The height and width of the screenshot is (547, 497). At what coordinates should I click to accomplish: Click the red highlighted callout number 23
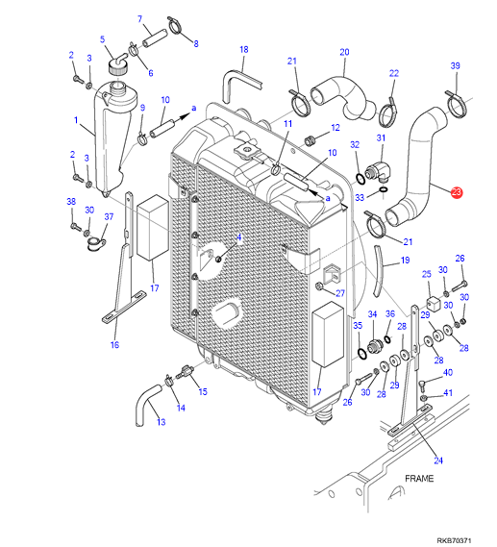(x=457, y=192)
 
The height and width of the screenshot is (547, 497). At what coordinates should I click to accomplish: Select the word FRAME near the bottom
(x=419, y=479)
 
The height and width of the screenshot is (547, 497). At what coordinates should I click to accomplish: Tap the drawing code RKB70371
(x=454, y=540)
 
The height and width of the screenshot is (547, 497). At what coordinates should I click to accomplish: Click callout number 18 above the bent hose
(x=244, y=50)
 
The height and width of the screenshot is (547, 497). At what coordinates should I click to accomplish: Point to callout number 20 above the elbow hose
(x=344, y=52)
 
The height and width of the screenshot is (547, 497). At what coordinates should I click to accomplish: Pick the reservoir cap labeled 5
(x=118, y=64)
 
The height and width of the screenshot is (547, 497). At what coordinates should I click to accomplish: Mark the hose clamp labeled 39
(x=456, y=105)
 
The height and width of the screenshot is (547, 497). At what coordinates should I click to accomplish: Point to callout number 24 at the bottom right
(x=438, y=460)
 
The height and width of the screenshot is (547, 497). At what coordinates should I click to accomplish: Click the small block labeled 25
(x=434, y=304)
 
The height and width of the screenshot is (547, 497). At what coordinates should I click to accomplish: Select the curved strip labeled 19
(x=378, y=271)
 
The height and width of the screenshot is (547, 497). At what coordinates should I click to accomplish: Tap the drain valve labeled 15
(x=186, y=371)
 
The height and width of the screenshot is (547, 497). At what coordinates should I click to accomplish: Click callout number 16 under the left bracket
(x=114, y=345)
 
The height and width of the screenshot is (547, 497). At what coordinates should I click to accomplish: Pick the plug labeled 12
(x=310, y=140)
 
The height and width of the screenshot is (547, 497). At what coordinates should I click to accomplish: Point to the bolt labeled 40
(x=421, y=385)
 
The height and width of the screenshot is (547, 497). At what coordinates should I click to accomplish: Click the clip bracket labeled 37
(x=95, y=243)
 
